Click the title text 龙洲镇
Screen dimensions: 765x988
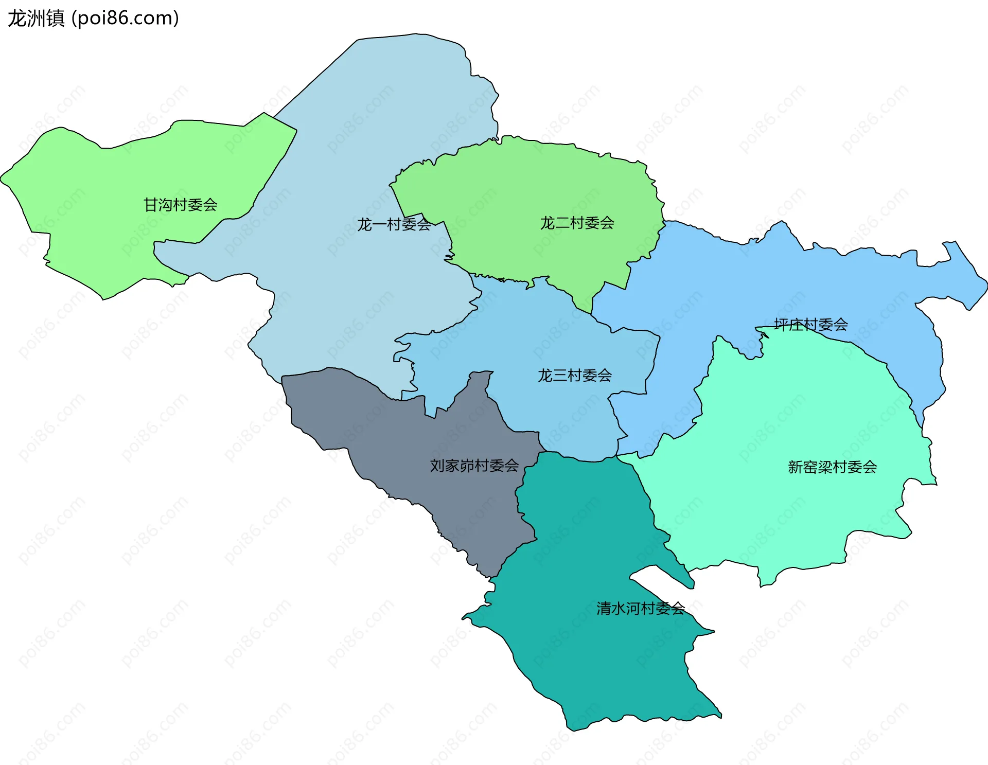pyautogui.click(x=36, y=19)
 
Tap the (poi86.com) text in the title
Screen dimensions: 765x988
pyautogui.click(x=125, y=19)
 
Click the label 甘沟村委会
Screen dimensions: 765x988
pyautogui.click(x=180, y=205)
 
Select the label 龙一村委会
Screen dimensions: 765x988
pyautogui.click(x=394, y=224)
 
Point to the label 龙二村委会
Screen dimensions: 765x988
pyautogui.click(x=577, y=223)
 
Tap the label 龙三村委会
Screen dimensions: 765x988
pyautogui.click(x=574, y=376)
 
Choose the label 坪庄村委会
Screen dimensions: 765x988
pyautogui.click(x=810, y=324)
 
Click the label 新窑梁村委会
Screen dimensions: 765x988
pyautogui.click(x=832, y=467)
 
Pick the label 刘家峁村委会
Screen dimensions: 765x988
pyautogui.click(x=474, y=466)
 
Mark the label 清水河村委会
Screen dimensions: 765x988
pyautogui.click(x=640, y=609)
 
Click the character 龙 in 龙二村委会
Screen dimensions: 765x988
pyautogui.click(x=548, y=223)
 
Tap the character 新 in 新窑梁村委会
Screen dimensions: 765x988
pyautogui.click(x=796, y=467)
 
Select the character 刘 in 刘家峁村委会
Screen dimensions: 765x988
pyautogui.click(x=437, y=466)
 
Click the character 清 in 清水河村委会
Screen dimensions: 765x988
pyautogui.click(x=604, y=609)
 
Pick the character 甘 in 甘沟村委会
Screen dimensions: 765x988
pyautogui.click(x=151, y=205)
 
